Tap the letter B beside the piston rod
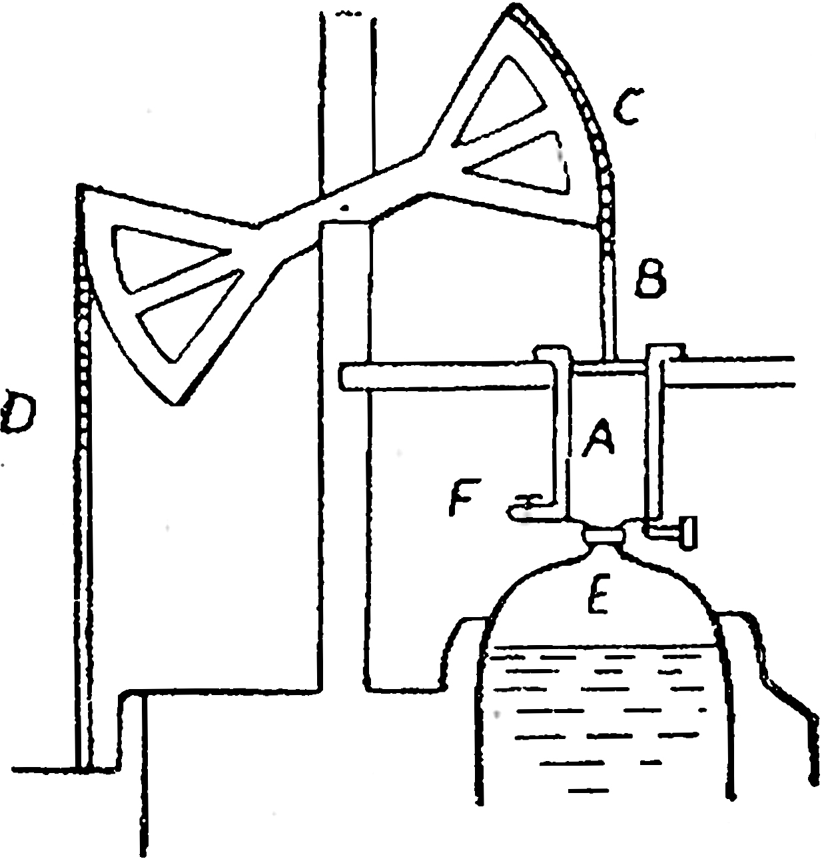point(649,279)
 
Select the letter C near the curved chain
point(627,107)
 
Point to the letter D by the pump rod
point(19,412)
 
